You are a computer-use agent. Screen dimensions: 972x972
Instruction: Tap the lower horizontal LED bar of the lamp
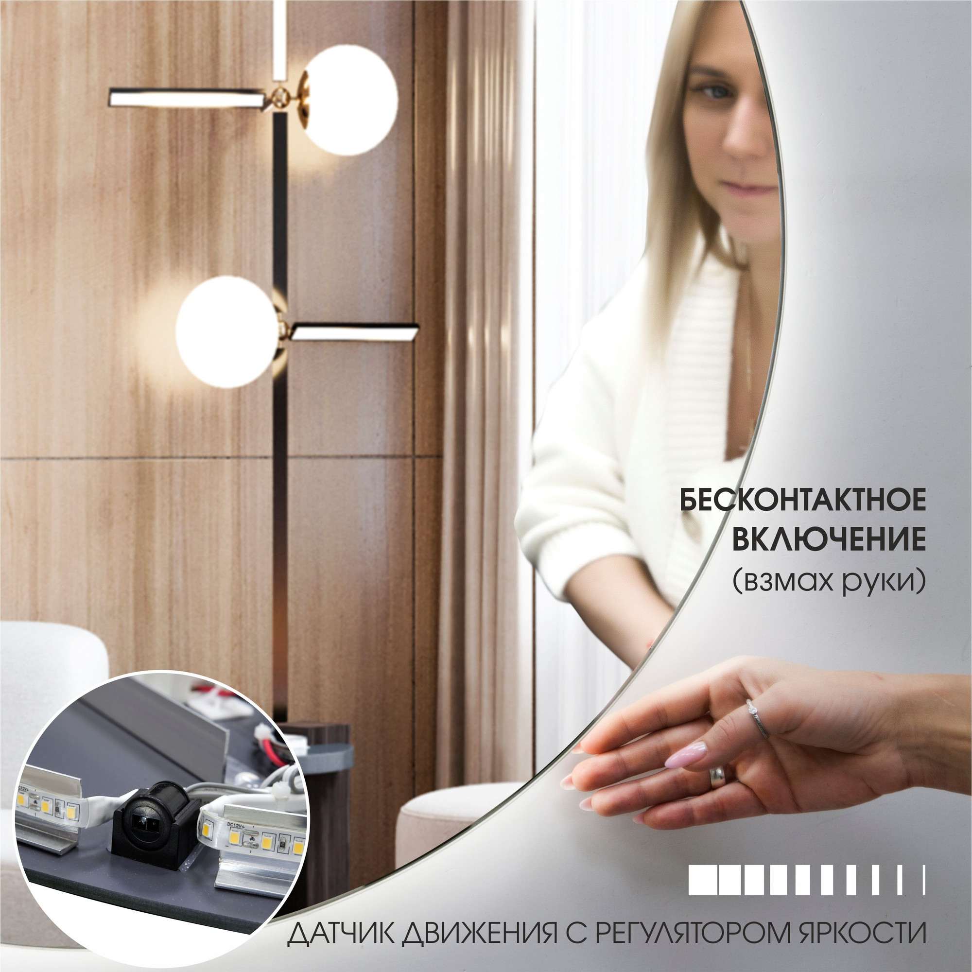355,331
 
